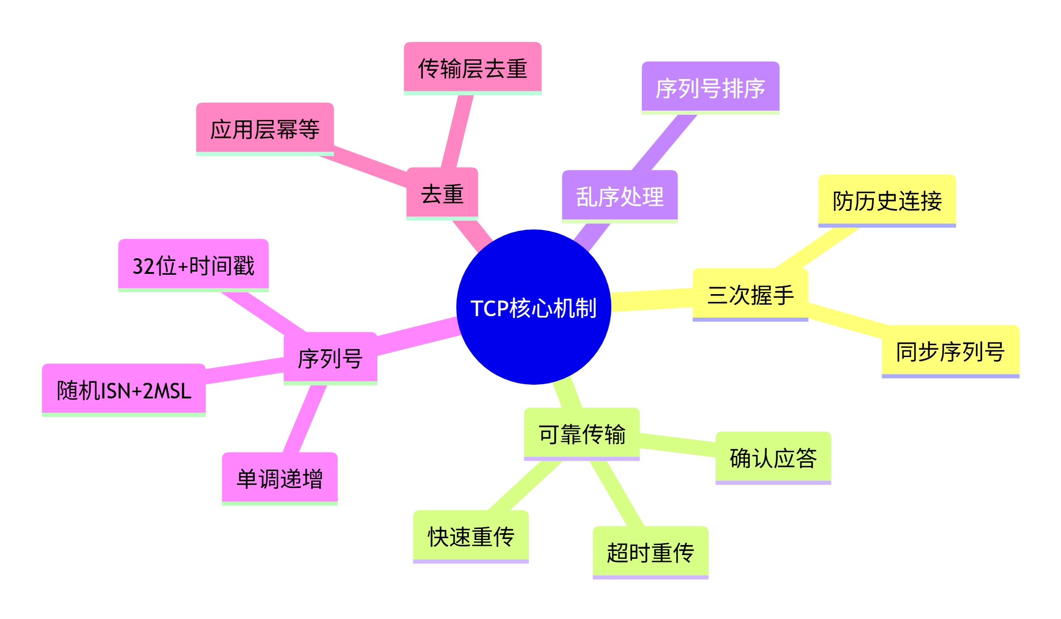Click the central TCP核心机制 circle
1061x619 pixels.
tap(533, 307)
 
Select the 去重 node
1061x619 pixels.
tap(442, 193)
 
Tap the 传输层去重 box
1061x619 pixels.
tap(472, 68)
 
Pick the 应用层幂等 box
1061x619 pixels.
tap(265, 129)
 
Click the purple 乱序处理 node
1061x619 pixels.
tap(620, 196)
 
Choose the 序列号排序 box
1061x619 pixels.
tap(710, 88)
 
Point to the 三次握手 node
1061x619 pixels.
tap(750, 295)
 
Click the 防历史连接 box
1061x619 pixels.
tap(887, 201)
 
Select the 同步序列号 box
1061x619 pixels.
tap(950, 352)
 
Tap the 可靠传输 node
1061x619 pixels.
tap(582, 434)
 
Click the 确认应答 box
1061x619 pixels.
tap(773, 458)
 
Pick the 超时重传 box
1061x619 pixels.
tap(651, 552)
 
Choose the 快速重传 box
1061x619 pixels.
tap(471, 536)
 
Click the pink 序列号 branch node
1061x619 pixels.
tap(331, 358)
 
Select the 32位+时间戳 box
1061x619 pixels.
tap(193, 265)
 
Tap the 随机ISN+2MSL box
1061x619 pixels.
tap(124, 390)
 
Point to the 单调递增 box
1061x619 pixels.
tap(280, 478)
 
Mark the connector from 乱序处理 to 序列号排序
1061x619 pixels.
tap(664, 142)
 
